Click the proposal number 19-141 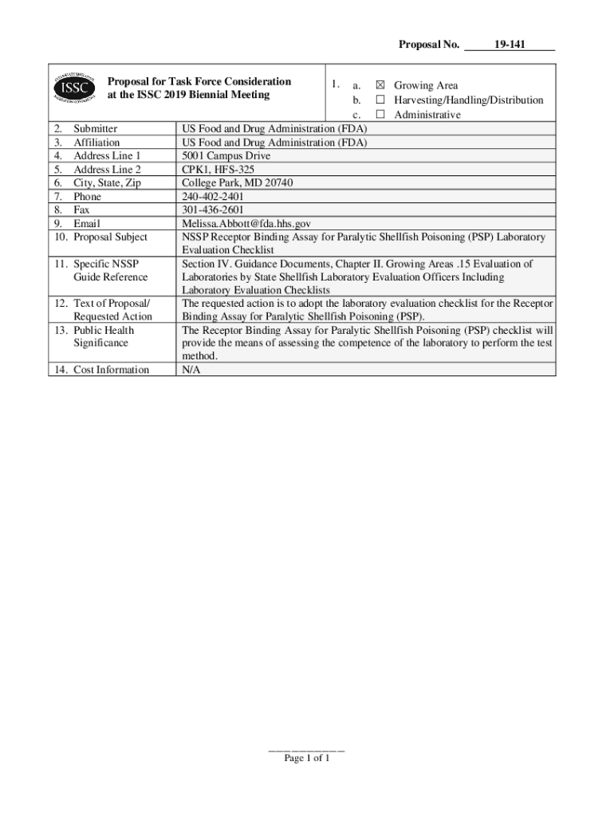point(509,45)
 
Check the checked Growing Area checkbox point(380,85)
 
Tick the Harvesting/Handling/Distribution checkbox point(380,100)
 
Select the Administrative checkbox point(380,115)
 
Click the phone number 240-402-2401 point(213,197)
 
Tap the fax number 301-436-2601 point(213,210)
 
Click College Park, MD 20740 point(238,183)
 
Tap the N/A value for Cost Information point(191,370)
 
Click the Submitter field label point(95,129)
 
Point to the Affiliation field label point(96,143)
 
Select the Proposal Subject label point(110,237)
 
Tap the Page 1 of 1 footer point(307,758)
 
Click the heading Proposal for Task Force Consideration point(199,81)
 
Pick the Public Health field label point(104,331)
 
